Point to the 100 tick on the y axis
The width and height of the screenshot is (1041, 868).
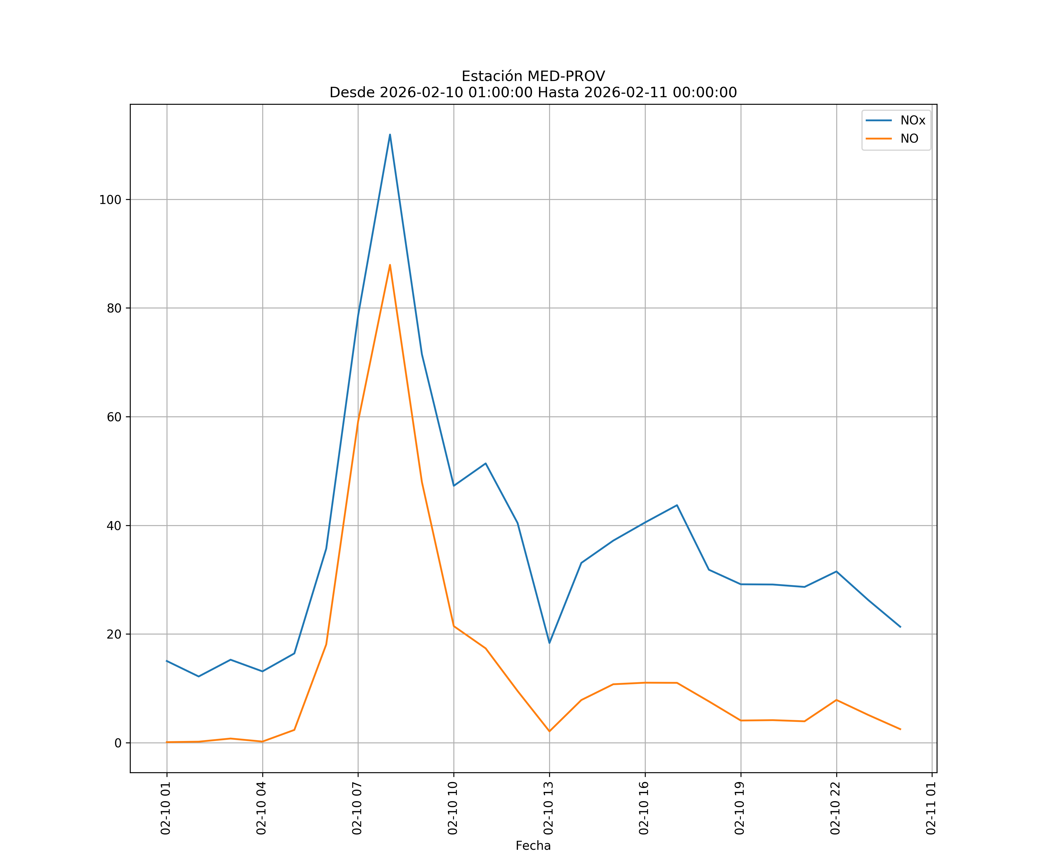(110, 200)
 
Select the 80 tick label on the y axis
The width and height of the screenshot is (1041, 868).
(114, 308)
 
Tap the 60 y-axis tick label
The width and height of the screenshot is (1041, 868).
(114, 417)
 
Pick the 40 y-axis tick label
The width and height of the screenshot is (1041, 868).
(114, 526)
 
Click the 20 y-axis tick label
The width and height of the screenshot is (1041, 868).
(114, 635)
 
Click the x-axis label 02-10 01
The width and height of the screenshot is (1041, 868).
(166, 808)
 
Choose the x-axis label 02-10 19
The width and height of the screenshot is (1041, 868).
(740, 808)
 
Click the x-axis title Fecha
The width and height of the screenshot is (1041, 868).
(533, 846)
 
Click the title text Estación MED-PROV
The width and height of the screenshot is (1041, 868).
(533, 76)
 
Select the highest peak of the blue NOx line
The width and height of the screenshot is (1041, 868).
(390, 135)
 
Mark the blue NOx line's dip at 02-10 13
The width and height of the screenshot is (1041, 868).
(549, 643)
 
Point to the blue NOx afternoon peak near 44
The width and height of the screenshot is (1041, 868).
(677, 505)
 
